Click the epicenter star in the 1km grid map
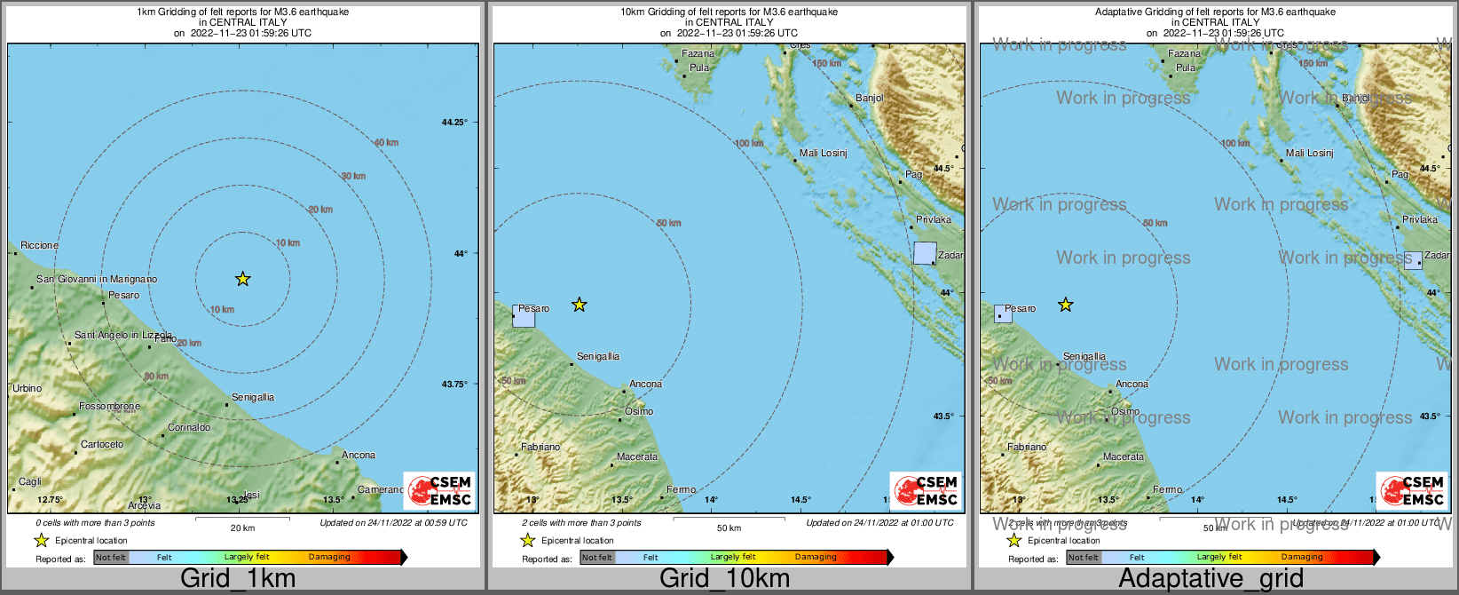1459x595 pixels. click(242, 279)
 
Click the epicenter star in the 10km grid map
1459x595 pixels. click(579, 305)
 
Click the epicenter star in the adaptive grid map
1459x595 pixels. click(1065, 305)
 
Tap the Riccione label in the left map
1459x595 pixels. click(39, 245)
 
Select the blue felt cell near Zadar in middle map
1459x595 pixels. click(925, 253)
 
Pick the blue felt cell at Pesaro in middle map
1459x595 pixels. click(524, 315)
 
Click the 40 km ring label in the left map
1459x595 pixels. click(386, 143)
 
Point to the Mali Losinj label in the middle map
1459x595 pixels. click(823, 153)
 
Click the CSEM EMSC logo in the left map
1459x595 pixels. click(439, 490)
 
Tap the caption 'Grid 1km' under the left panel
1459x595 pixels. click(238, 579)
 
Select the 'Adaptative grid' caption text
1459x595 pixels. click(1211, 579)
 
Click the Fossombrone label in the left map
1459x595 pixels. click(109, 406)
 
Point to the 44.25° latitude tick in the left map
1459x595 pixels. click(454, 123)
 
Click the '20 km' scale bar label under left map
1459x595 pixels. click(242, 528)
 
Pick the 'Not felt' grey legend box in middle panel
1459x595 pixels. click(597, 557)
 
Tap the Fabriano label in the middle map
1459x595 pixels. click(540, 447)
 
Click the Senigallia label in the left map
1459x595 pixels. click(253, 397)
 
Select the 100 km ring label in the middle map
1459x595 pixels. click(748, 143)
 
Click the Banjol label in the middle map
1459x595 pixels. click(869, 98)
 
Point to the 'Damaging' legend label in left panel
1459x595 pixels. click(329, 557)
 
